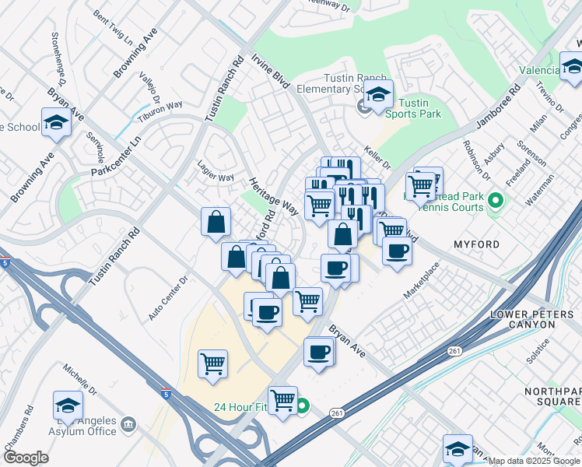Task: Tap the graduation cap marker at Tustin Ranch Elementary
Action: click(x=378, y=97)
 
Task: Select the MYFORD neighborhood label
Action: click(x=476, y=244)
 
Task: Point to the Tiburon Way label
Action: click(x=160, y=111)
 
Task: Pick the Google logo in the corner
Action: click(x=25, y=458)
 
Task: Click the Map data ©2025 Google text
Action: click(x=534, y=461)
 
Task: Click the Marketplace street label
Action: click(x=421, y=280)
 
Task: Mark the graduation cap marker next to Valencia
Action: click(x=572, y=69)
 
